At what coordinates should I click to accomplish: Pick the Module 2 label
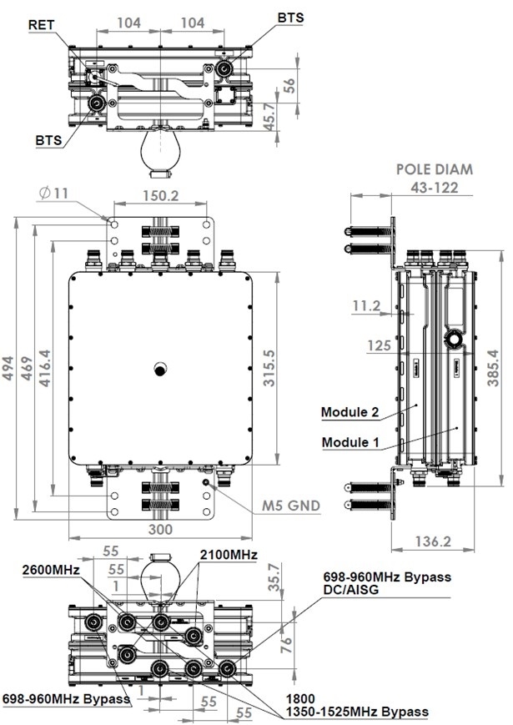(x=350, y=412)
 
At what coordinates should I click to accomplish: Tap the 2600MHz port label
(x=50, y=569)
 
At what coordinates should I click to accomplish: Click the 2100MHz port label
(x=229, y=555)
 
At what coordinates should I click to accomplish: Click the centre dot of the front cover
(x=158, y=369)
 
